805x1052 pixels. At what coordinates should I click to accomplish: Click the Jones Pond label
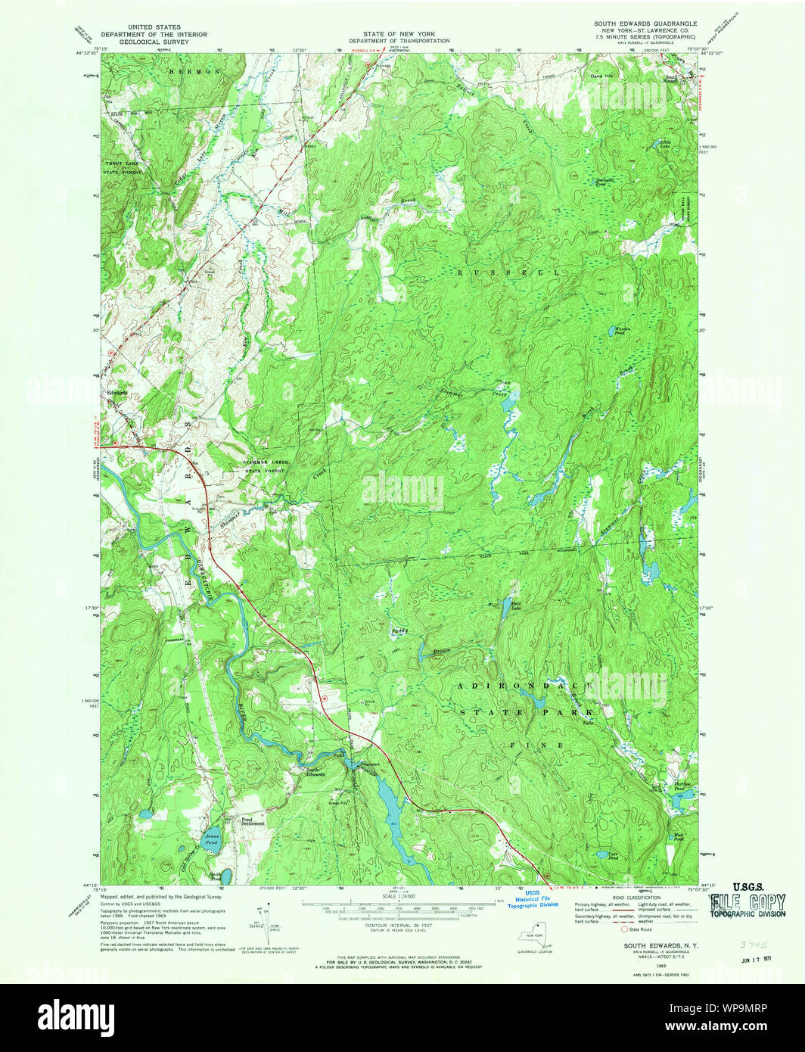click(211, 838)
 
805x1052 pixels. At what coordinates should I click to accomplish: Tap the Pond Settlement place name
click(253, 820)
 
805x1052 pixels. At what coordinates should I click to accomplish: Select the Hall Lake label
click(516, 605)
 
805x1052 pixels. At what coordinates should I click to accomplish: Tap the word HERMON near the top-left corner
click(195, 71)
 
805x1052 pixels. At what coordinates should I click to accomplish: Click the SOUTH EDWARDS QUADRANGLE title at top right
click(645, 24)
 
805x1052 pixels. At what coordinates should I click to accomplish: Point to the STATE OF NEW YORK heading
click(399, 34)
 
